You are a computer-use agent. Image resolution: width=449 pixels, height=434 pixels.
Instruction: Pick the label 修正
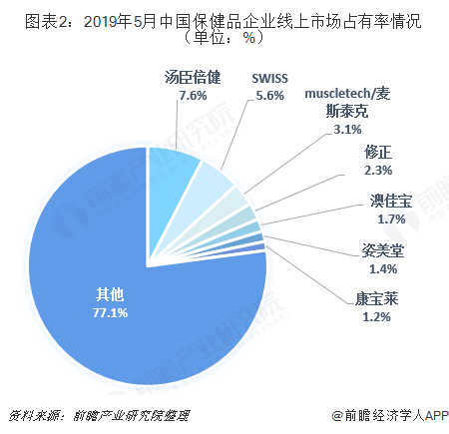pos(380,154)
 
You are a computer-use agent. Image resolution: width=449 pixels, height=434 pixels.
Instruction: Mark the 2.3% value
pos(380,171)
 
